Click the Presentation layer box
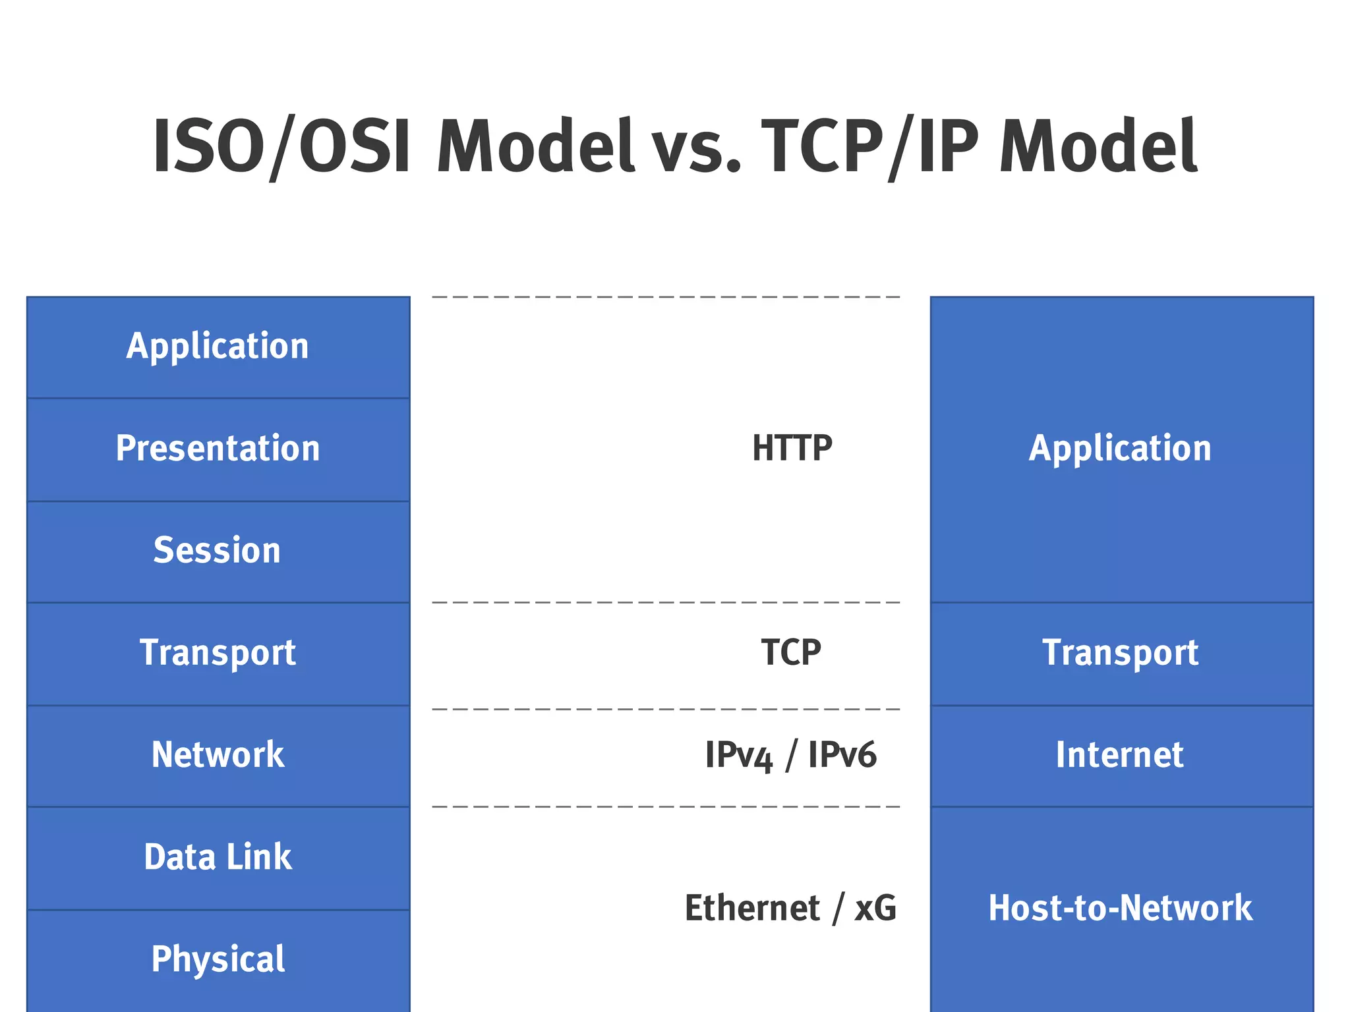point(218,449)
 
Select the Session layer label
point(218,551)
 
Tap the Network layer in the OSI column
point(218,755)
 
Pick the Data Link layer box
point(218,857)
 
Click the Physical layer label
point(218,959)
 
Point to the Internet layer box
point(1120,755)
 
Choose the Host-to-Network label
point(1120,908)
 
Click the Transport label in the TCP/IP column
point(1120,653)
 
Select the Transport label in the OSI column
point(218,653)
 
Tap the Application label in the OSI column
point(218,347)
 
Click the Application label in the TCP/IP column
point(1120,449)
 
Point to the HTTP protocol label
point(792,449)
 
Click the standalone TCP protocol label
point(791,653)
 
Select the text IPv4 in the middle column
point(738,755)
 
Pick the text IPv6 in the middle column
point(842,755)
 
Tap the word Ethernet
point(752,909)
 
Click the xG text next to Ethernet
point(875,909)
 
